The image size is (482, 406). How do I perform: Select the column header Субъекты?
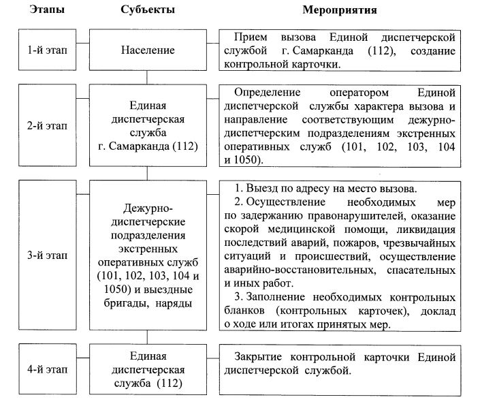pyautogui.click(x=148, y=11)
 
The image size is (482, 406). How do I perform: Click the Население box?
pyautogui.click(x=148, y=50)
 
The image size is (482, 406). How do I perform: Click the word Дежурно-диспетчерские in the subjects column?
pyautogui.click(x=148, y=215)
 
